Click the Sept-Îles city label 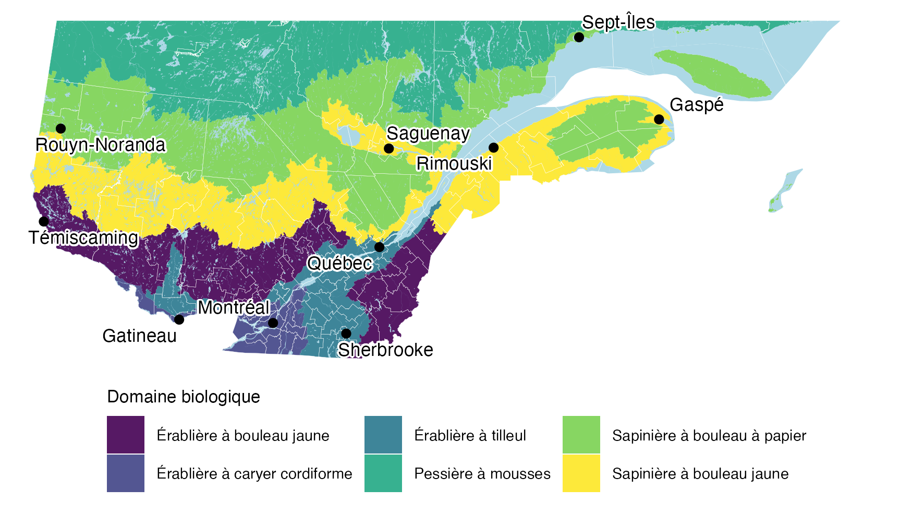(x=618, y=22)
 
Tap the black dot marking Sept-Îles (x=579, y=37)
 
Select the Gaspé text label (x=697, y=105)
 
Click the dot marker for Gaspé (x=659, y=120)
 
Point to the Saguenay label (x=428, y=134)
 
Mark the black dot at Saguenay (x=388, y=149)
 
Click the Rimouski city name (x=454, y=164)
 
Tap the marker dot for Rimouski (x=493, y=148)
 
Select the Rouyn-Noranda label (x=100, y=145)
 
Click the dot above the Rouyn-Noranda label (x=60, y=128)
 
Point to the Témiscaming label (x=83, y=238)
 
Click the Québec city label (x=339, y=263)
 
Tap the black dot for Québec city (x=380, y=247)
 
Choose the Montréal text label (x=233, y=308)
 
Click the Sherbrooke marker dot (x=346, y=333)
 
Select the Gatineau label (x=140, y=336)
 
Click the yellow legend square (x=581, y=473)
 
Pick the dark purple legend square (x=126, y=435)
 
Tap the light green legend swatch (x=581, y=435)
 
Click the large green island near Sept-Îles (x=714, y=73)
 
